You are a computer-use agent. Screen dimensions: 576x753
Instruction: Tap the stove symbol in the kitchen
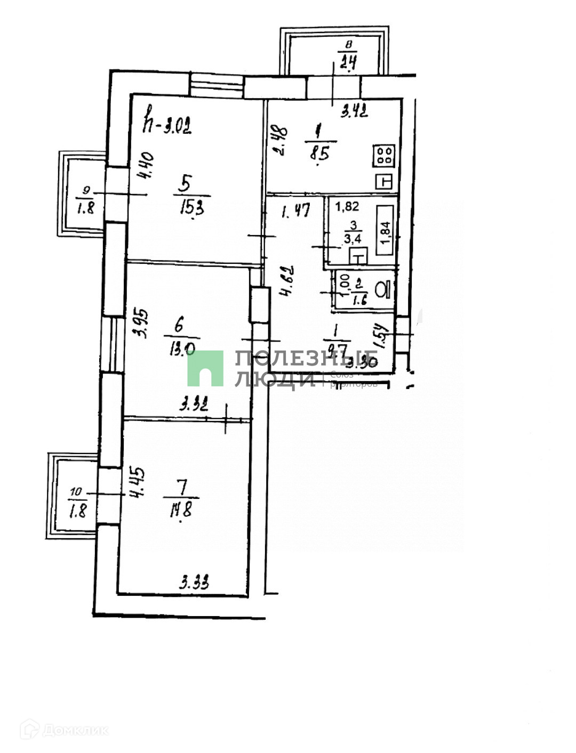click(385, 156)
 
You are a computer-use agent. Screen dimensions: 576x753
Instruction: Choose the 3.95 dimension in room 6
click(142, 325)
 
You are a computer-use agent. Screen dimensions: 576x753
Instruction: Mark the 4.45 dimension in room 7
click(136, 482)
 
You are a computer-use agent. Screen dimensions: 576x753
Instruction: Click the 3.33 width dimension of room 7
click(194, 582)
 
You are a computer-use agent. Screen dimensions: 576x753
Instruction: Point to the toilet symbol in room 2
click(383, 290)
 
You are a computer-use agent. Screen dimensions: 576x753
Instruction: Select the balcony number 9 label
click(87, 189)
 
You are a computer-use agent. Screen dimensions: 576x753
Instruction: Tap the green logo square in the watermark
click(205, 368)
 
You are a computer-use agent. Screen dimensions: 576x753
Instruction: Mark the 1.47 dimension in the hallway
click(295, 212)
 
